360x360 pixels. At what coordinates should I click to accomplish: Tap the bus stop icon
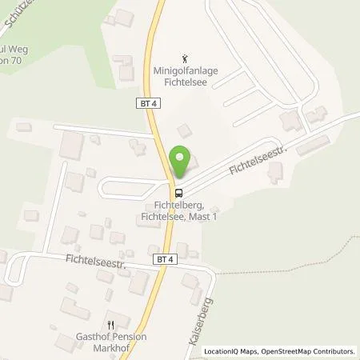179,192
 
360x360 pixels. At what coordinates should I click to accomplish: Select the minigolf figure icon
186,58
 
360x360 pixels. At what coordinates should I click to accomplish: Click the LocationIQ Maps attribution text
229,351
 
